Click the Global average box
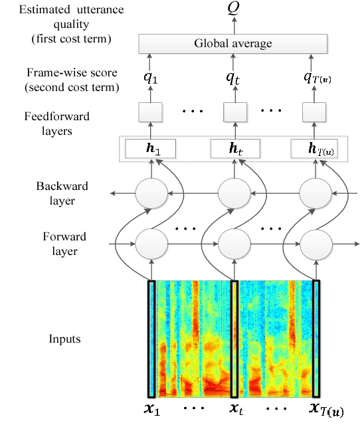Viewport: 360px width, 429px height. [x=233, y=44]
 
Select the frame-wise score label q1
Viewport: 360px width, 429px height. [x=151, y=78]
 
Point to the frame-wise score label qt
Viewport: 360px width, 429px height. [x=233, y=78]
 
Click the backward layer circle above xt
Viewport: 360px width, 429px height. [x=233, y=193]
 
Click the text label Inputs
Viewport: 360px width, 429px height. [x=64, y=339]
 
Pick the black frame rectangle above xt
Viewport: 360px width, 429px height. [x=234, y=339]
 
